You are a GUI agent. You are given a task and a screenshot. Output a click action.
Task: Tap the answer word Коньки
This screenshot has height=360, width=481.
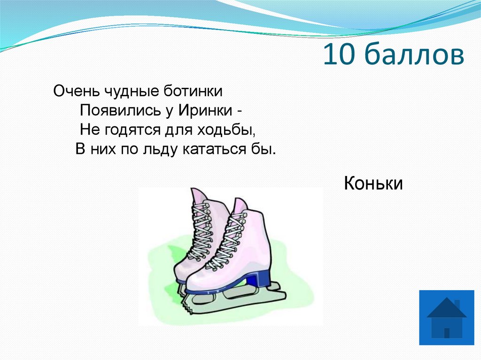click(x=373, y=184)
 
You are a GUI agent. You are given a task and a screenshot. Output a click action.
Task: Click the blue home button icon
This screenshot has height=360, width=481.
click(x=446, y=317)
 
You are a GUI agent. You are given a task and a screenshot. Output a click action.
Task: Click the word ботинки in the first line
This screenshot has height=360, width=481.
click(x=193, y=91)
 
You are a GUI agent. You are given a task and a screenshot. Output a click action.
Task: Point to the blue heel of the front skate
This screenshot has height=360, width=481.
click(x=258, y=279)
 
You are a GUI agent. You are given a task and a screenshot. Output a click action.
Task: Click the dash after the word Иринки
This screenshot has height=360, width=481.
click(x=240, y=111)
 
